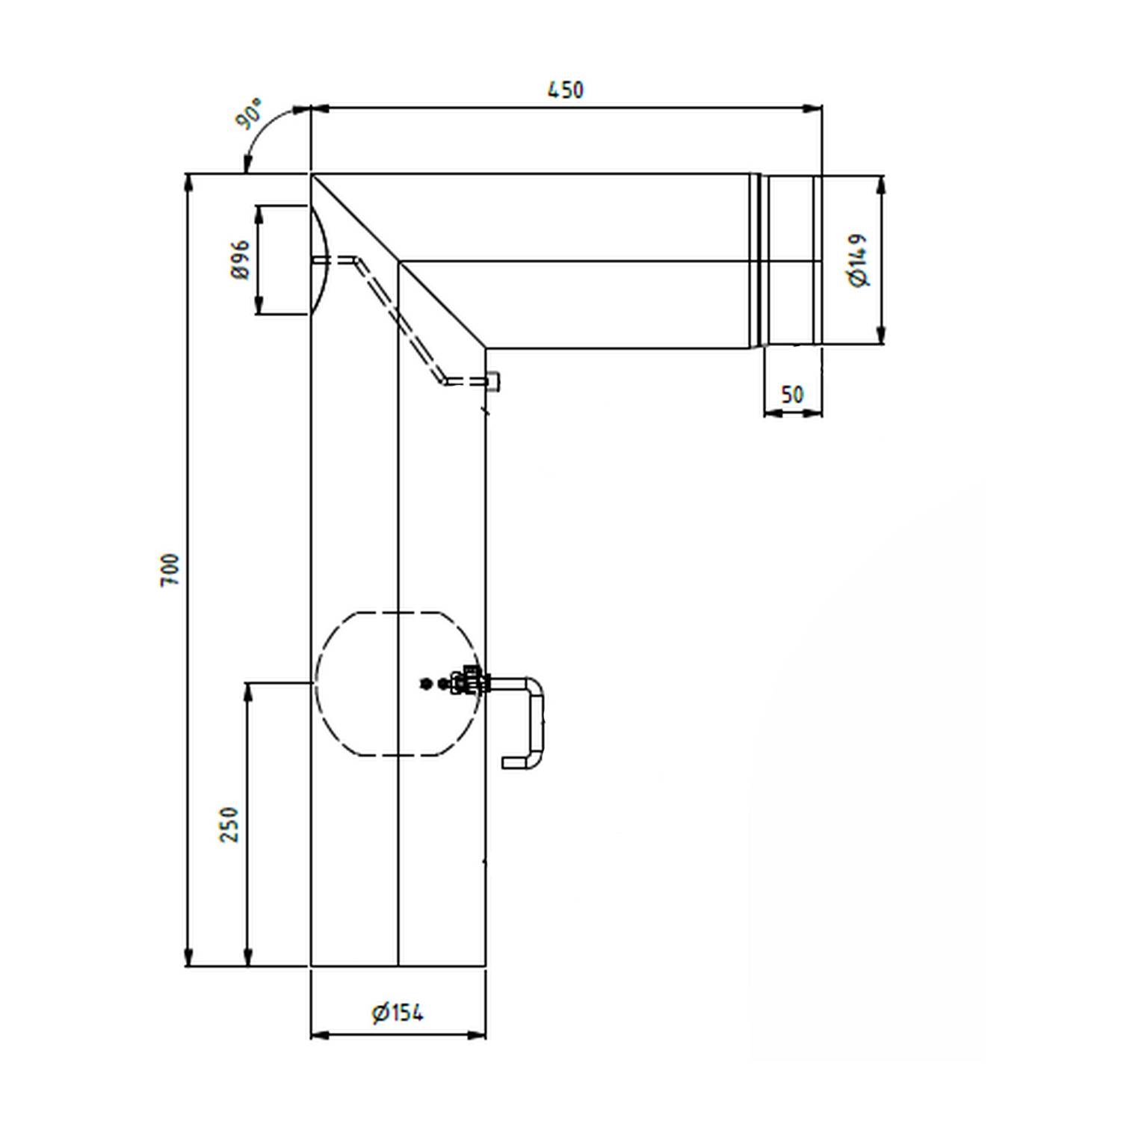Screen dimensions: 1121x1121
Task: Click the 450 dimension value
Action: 565,90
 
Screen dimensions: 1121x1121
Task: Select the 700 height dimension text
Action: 170,569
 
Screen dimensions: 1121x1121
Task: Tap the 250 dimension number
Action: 229,824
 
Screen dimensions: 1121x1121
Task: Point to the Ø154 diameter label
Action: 398,1013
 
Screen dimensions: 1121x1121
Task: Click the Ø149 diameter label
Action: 859,260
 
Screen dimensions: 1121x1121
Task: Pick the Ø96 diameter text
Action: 240,259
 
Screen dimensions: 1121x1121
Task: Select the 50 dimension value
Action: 792,394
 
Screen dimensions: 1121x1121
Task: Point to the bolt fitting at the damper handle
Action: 471,682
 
